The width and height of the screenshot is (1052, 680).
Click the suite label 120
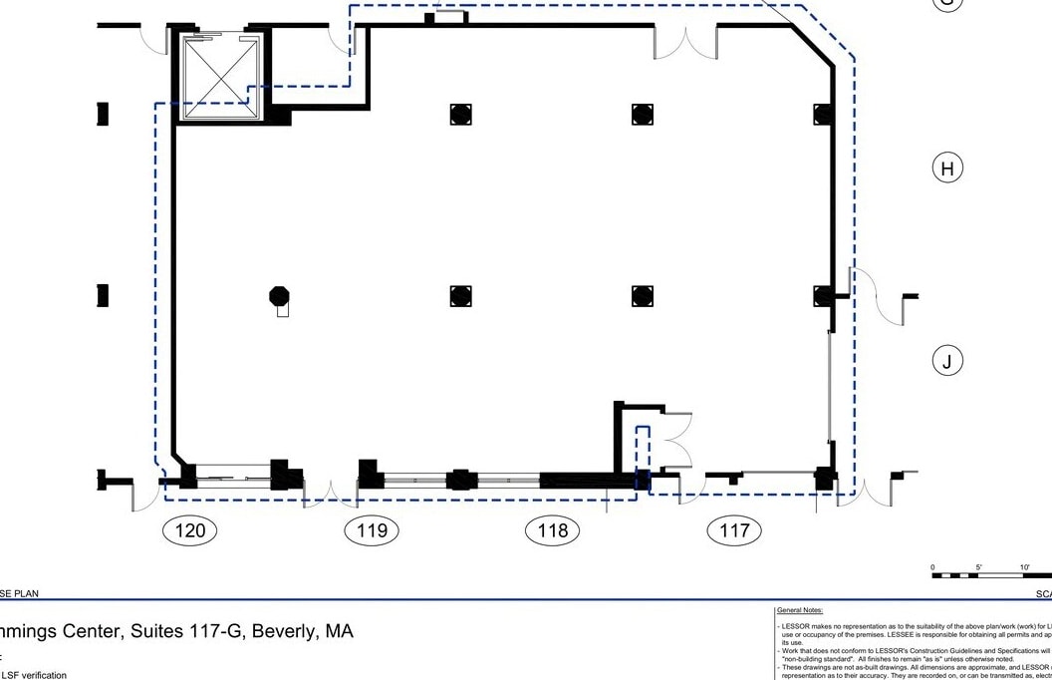(x=189, y=530)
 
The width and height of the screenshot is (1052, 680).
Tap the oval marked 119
(x=372, y=530)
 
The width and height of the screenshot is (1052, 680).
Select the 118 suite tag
(x=553, y=530)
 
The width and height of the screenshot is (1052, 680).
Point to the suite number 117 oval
(x=734, y=530)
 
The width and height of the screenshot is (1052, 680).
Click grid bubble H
(x=946, y=169)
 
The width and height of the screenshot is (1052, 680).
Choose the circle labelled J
(x=946, y=361)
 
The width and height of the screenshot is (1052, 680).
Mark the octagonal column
(x=280, y=295)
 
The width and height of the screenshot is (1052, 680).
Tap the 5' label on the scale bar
(x=978, y=567)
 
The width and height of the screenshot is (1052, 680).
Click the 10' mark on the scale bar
(x=1024, y=567)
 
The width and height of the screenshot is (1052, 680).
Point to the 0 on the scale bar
(x=933, y=567)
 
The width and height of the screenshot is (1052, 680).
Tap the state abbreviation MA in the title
(x=340, y=631)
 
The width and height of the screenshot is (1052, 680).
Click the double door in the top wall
(x=685, y=40)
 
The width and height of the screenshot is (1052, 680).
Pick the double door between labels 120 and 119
(x=331, y=491)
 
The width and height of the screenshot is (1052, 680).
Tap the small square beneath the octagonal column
(x=283, y=311)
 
